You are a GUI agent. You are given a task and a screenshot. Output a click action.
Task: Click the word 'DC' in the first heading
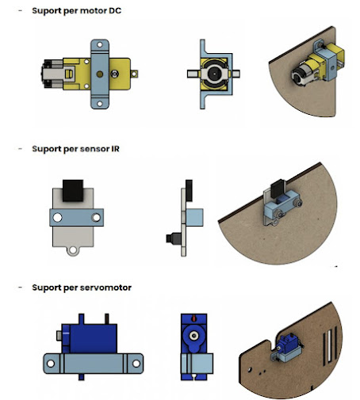115,11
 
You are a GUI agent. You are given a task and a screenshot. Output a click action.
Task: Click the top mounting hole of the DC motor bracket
100,44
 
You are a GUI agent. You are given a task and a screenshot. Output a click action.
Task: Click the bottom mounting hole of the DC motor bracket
100,104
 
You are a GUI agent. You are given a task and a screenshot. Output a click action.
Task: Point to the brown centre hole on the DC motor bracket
100,74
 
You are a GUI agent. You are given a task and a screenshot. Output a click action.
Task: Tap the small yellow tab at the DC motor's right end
134,74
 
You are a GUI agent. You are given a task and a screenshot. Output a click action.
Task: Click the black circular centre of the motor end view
213,74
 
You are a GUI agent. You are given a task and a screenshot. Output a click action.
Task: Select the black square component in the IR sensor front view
73,191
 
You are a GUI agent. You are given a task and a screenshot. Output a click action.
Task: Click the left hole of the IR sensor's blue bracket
57,218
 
